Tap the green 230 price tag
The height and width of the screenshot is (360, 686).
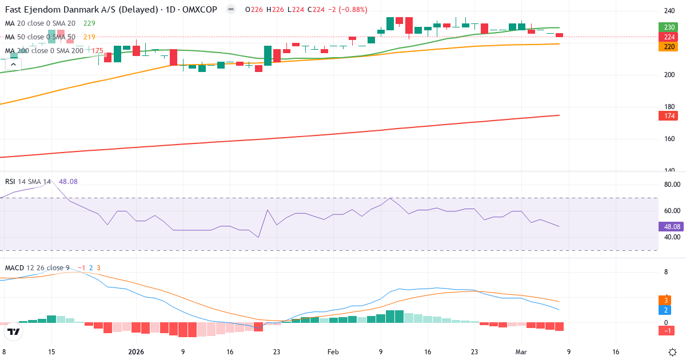click(x=668, y=27)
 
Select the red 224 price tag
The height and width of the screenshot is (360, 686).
click(x=668, y=37)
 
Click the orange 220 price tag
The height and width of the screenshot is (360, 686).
click(x=668, y=47)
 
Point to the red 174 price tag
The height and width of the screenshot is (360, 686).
click(x=668, y=116)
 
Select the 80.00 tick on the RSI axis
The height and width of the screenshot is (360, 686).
click(x=671, y=185)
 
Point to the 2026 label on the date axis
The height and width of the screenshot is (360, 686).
click(x=136, y=353)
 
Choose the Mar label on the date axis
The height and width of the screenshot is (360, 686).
click(x=521, y=353)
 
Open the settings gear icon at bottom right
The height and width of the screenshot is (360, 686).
click(x=673, y=353)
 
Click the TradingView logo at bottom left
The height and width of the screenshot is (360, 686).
click(x=14, y=332)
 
